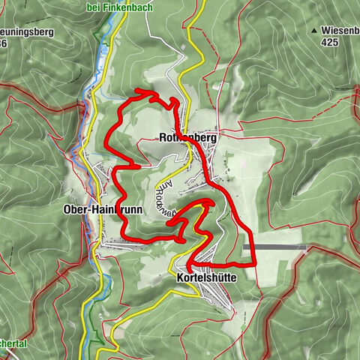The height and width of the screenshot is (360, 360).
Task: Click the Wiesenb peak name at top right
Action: point(337,31)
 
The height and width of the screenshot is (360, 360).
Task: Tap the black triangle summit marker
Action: point(315,31)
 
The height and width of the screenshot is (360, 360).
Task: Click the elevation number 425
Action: point(328,43)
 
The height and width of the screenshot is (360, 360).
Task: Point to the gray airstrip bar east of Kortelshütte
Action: point(274,247)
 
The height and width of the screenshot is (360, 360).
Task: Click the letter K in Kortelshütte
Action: point(179,277)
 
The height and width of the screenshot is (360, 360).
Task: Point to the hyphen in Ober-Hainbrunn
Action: point(88,211)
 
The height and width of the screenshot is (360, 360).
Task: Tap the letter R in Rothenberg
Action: point(163,138)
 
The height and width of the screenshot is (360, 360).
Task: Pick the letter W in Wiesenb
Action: point(325,31)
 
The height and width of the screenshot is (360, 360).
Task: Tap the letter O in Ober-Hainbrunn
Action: point(69,211)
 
